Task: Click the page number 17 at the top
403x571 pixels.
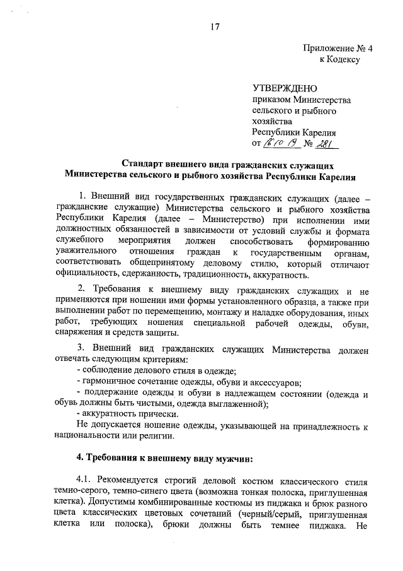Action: tap(215, 26)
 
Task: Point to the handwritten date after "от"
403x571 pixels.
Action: tap(278, 144)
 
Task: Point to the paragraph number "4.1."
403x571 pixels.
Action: tap(85, 482)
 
